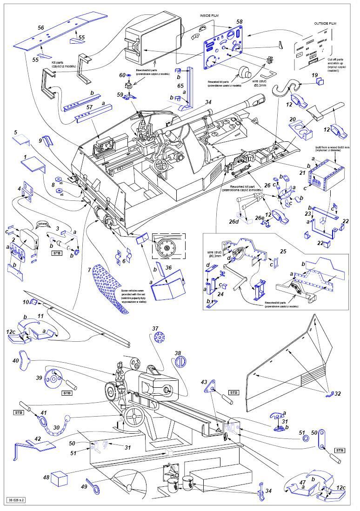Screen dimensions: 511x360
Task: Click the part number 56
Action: (x=41, y=28)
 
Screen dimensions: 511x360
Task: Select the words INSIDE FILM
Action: (x=209, y=15)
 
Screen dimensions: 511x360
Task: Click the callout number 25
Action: (x=283, y=251)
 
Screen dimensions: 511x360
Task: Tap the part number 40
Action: (x=16, y=361)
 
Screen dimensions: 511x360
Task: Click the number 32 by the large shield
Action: (x=337, y=393)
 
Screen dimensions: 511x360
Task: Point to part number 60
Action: (x=122, y=75)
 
